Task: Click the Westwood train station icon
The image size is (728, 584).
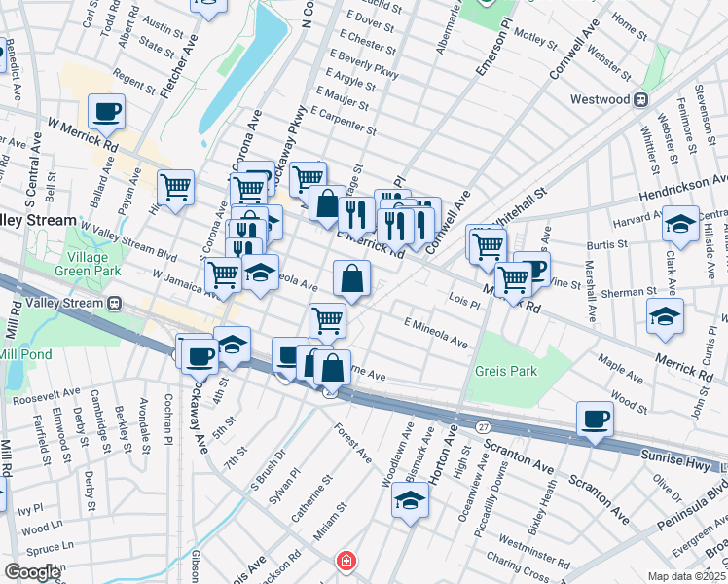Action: (x=641, y=99)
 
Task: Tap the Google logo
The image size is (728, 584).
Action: (x=32, y=572)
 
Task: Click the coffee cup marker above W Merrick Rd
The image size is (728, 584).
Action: (x=106, y=111)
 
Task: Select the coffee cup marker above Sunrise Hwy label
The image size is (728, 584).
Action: (x=595, y=419)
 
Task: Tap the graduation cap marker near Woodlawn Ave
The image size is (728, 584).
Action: (x=410, y=501)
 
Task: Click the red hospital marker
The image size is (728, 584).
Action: (x=344, y=562)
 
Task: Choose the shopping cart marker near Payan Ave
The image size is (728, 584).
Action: (x=174, y=186)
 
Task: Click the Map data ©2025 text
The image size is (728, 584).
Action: (x=686, y=576)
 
